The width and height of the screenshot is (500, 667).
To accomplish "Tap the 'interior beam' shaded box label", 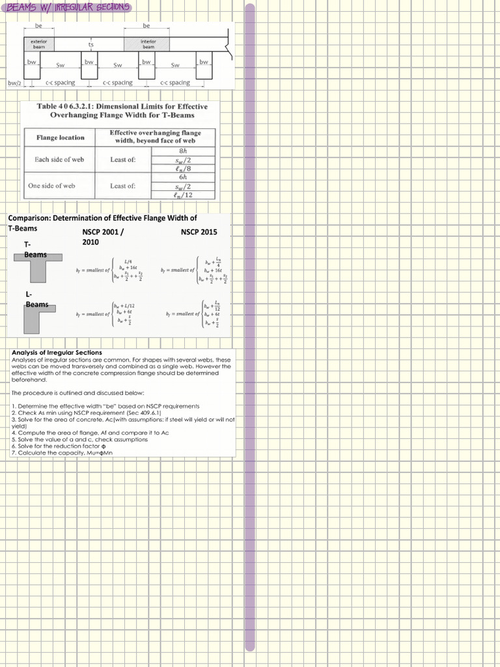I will tap(148, 44).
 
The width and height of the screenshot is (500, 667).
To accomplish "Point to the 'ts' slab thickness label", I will tap(91, 44).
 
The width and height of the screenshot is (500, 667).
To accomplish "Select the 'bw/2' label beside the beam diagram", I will tap(14, 83).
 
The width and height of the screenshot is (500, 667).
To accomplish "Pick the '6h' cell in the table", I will tap(183, 177).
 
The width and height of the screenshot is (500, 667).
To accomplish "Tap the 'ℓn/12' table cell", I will tap(183, 194).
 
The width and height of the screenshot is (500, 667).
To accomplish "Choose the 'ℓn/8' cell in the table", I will tap(183, 168).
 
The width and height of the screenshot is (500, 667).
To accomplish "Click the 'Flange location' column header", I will tap(61, 137).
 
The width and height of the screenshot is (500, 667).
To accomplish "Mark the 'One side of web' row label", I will tap(51, 186).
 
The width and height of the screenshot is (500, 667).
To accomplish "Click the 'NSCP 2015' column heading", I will tap(199, 232).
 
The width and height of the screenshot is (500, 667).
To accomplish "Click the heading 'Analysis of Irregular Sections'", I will tap(57, 352).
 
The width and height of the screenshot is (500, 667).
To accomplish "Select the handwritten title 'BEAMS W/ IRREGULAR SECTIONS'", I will tap(66, 7).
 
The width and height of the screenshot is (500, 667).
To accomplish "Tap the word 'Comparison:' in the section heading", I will tap(29, 218).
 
